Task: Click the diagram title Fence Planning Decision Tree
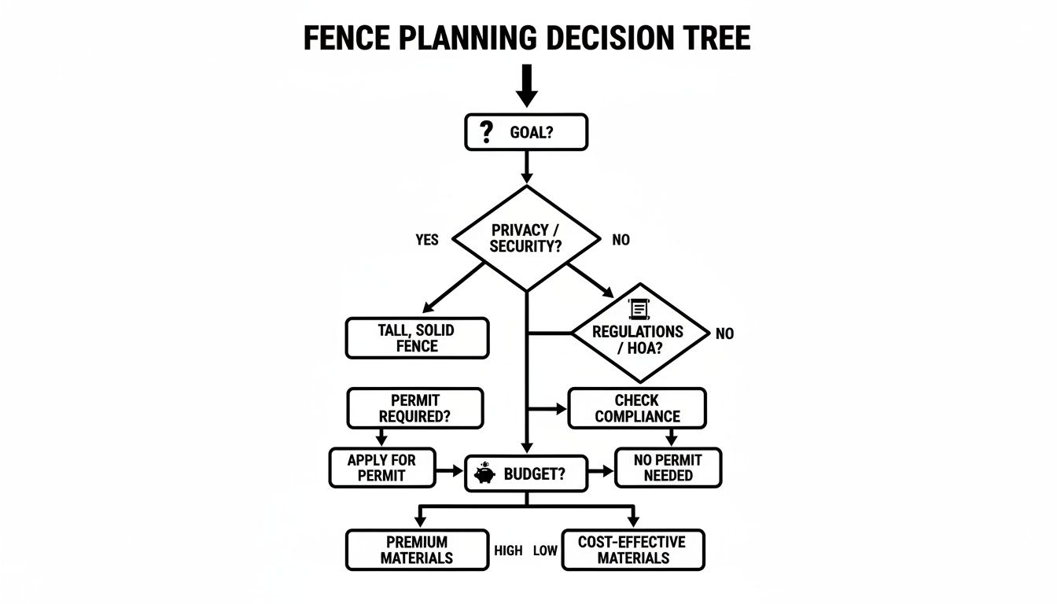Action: tap(527, 38)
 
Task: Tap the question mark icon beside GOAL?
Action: tap(486, 131)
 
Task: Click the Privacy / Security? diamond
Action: tap(526, 238)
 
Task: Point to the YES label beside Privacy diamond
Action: tap(427, 240)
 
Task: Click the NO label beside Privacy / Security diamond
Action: tap(621, 240)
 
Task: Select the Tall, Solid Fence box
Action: tap(417, 338)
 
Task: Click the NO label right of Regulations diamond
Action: tap(724, 333)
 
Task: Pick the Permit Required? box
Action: tap(414, 408)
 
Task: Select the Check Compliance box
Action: tap(637, 408)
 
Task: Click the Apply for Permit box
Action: tap(381, 467)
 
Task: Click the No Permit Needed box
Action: tap(668, 467)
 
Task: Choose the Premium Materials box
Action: tap(417, 550)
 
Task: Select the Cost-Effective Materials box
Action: tap(632, 550)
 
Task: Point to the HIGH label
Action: tap(508, 551)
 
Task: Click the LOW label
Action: tap(545, 551)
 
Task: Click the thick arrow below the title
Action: tap(526, 85)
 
